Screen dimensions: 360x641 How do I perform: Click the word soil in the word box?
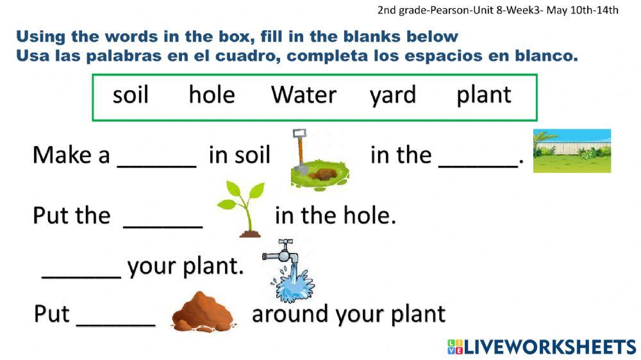[x=130, y=95]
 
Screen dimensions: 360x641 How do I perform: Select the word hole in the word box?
[x=212, y=95]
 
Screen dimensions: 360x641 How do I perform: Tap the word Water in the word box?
[x=303, y=95]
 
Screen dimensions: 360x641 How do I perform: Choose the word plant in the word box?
[x=484, y=95]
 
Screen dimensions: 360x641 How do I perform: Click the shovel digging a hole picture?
[x=317, y=161]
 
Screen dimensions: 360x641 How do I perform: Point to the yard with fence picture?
[x=572, y=151]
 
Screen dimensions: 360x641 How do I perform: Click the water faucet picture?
[x=287, y=270]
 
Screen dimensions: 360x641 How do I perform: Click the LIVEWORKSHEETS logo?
[x=542, y=347]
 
